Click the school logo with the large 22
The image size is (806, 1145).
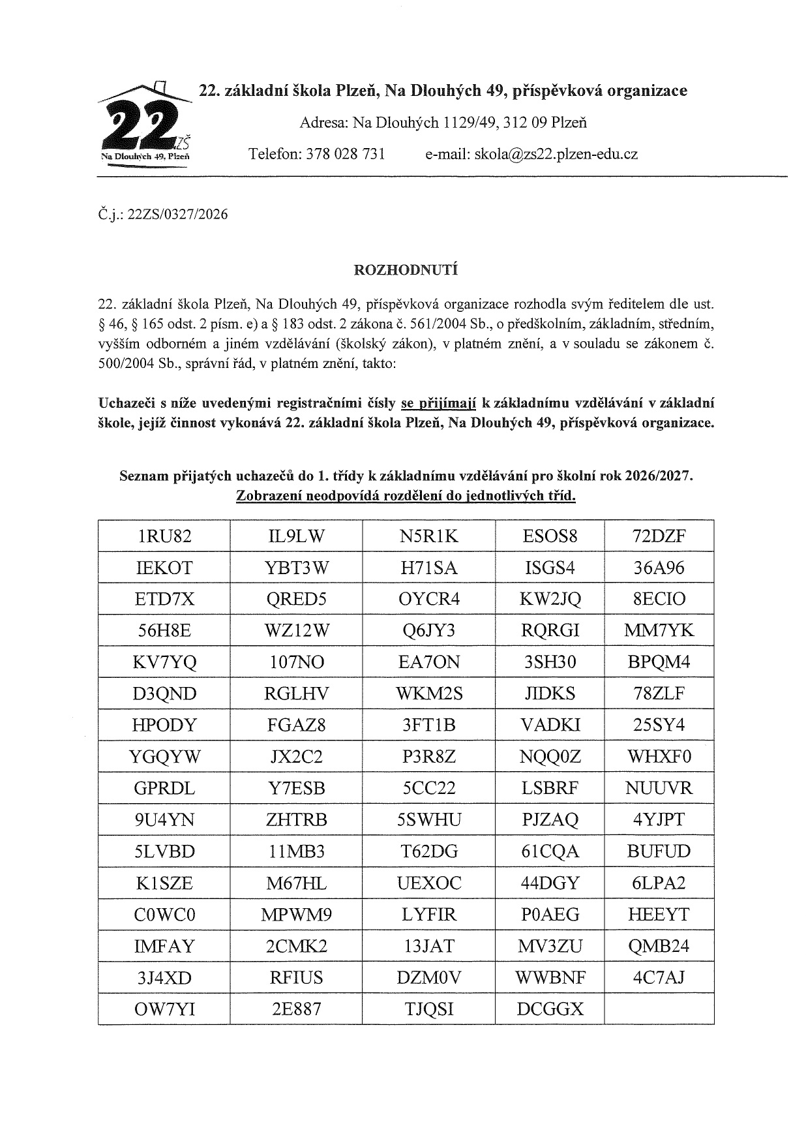pyautogui.click(x=145, y=124)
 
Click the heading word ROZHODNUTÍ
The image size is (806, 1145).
pyautogui.click(x=405, y=269)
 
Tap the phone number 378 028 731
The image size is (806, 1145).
pyautogui.click(x=345, y=154)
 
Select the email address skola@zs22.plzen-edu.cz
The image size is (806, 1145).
pyautogui.click(x=556, y=154)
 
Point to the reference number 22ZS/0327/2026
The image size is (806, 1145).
pyautogui.click(x=178, y=214)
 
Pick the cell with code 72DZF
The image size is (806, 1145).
pyautogui.click(x=659, y=536)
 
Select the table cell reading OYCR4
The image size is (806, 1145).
pyautogui.click(x=428, y=599)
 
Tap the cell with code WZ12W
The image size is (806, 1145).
pyautogui.click(x=297, y=630)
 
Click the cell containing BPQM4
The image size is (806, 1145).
pyautogui.click(x=659, y=662)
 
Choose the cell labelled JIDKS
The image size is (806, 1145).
pyautogui.click(x=550, y=694)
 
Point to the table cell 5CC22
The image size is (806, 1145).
pyautogui.click(x=428, y=788)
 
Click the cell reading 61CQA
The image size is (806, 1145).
pyautogui.click(x=550, y=851)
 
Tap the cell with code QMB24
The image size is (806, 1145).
pyautogui.click(x=659, y=946)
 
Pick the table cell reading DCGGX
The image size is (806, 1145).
pyautogui.click(x=550, y=1009)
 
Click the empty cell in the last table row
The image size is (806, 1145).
pyautogui.click(x=659, y=1009)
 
